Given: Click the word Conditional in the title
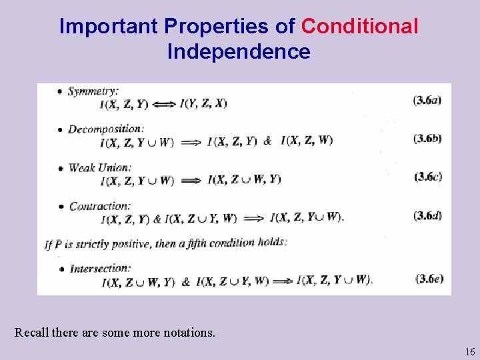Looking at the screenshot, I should tap(360, 26).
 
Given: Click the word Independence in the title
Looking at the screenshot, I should tap(239, 51).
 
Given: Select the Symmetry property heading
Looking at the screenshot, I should tap(93, 91).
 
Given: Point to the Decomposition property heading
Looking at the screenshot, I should tap(105, 129).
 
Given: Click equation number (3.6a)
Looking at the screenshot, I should tap(427, 100).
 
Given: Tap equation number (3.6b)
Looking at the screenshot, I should tap(427, 138).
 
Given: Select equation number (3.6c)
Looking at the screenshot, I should tap(427, 177).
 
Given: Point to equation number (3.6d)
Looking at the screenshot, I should tap(427, 215).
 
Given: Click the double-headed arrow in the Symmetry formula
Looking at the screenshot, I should tap(163, 103).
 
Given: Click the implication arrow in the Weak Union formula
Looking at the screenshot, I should tap(191, 180).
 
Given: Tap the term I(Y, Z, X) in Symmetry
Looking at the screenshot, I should tap(203, 103).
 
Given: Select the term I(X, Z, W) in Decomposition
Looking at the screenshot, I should tap(307, 141).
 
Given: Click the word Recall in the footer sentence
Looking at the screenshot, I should tap(32, 332).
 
